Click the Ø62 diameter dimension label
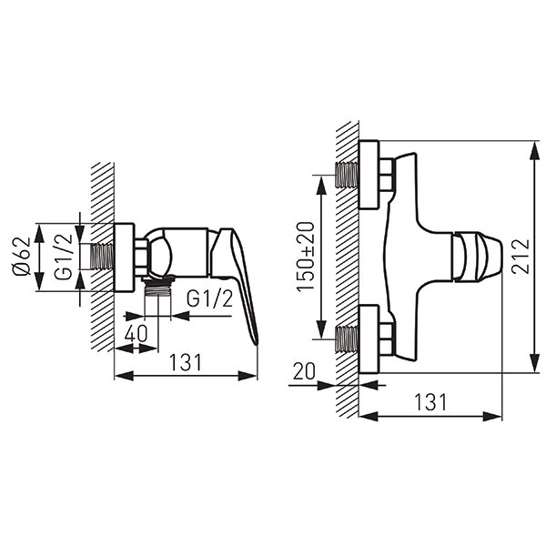tap(22, 257)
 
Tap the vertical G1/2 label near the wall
tap(64, 257)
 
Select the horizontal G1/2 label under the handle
tap(209, 298)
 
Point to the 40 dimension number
tap(136, 334)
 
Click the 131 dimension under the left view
tap(186, 362)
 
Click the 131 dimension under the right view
tap(430, 402)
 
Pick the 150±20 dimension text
tap(306, 257)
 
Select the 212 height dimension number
tap(521, 257)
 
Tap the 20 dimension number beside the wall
tap(304, 371)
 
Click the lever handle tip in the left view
tap(256, 342)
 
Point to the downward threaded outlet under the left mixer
tap(157, 287)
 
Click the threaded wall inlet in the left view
tap(102, 257)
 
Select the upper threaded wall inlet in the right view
tap(347, 175)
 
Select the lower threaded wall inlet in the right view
tap(347, 339)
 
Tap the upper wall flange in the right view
tap(369, 175)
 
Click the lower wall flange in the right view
tap(369, 339)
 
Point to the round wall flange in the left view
tap(125, 257)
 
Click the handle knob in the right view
tap(477, 257)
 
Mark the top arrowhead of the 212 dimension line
tap(534, 150)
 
